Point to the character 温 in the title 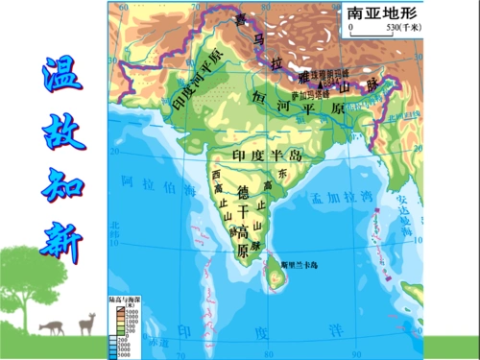57,77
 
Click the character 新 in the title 58,234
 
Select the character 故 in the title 57,130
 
